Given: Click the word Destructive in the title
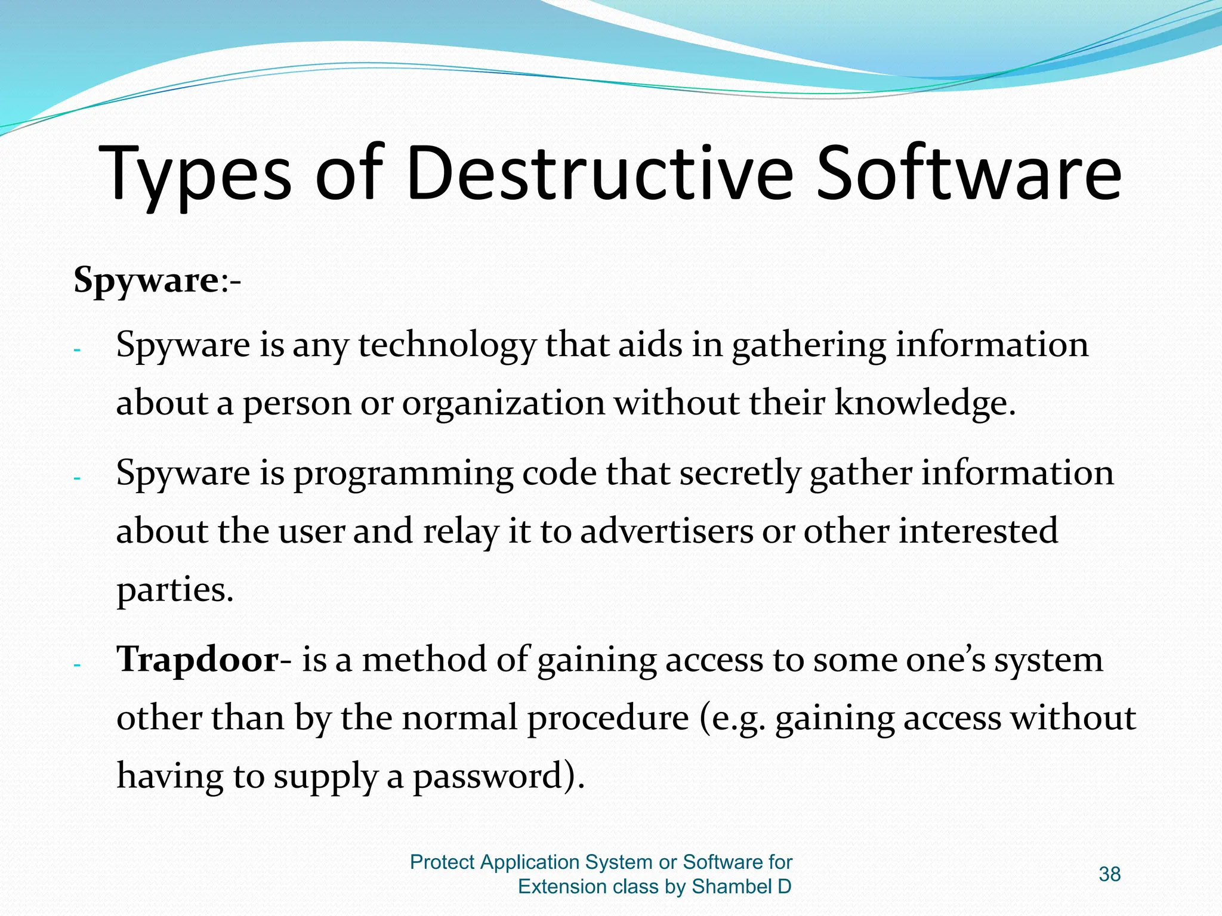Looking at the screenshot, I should pyautogui.click(x=599, y=174).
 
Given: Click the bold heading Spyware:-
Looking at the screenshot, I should pyautogui.click(x=157, y=280).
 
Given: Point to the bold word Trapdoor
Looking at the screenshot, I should pyautogui.click(x=198, y=660).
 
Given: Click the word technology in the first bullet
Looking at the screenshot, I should pyautogui.click(x=447, y=345).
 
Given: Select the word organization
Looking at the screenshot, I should pyautogui.click(x=503, y=403).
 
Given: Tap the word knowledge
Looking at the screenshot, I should pyautogui.click(x=924, y=403).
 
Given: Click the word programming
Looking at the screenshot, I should pyautogui.click(x=403, y=474).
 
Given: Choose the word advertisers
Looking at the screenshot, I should pyautogui.click(x=666, y=531).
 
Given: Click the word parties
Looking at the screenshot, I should pyautogui.click(x=174, y=590).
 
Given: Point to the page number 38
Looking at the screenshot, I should pyautogui.click(x=1109, y=874).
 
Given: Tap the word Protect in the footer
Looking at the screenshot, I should pyautogui.click(x=442, y=862).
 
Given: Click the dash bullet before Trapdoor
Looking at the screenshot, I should pyautogui.click(x=76, y=665).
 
